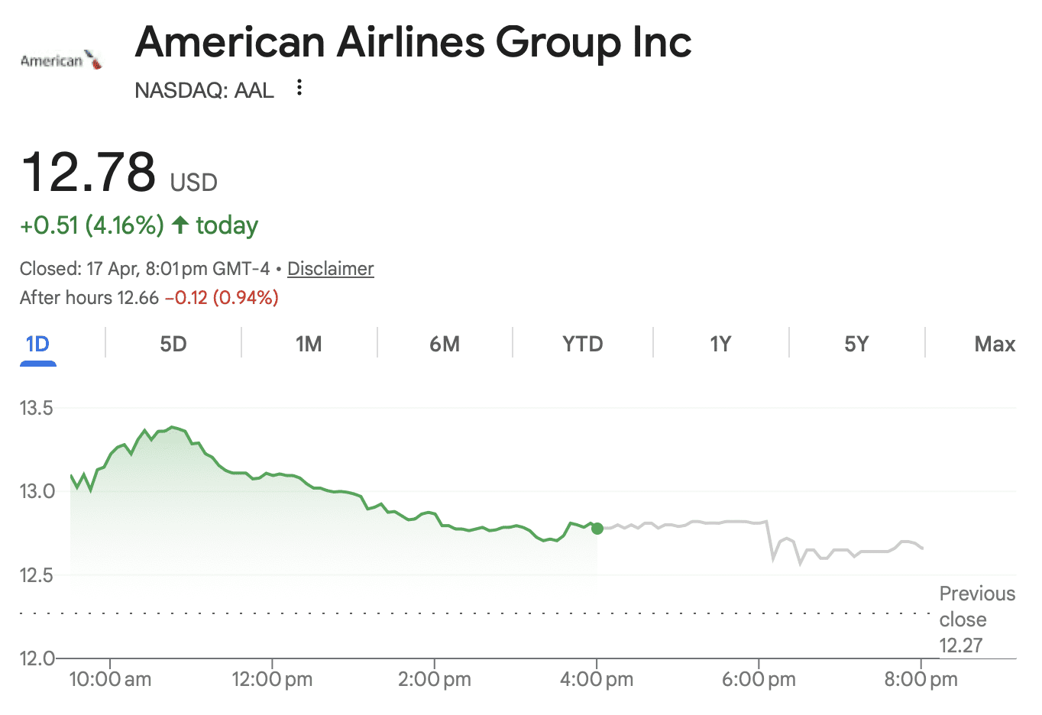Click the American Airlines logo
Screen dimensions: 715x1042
[x=61, y=60]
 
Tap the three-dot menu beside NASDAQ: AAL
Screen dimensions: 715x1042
[x=299, y=88]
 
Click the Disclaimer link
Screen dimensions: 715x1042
[x=330, y=269]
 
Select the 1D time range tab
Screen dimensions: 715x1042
[x=37, y=344]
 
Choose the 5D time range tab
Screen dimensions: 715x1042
[x=173, y=344]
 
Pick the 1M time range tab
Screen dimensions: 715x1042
[x=309, y=344]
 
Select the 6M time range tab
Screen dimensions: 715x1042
[x=445, y=344]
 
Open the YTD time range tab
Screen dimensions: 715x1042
[x=582, y=344]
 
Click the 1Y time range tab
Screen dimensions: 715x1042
[x=720, y=344]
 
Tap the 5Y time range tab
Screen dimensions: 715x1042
[x=856, y=344]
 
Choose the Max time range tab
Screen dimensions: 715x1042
[x=995, y=344]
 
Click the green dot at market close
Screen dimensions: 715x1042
[x=597, y=529]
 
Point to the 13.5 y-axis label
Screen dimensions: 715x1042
[x=37, y=408]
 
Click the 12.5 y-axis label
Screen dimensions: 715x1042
[x=37, y=575]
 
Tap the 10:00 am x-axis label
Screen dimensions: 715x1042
[x=110, y=679]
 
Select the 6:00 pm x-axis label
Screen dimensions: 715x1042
[x=759, y=679]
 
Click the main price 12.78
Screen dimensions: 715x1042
[x=89, y=172]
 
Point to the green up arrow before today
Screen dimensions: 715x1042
[x=180, y=225]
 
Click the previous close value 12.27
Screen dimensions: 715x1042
[x=961, y=645]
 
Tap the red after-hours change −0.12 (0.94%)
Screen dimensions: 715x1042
[x=222, y=297]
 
